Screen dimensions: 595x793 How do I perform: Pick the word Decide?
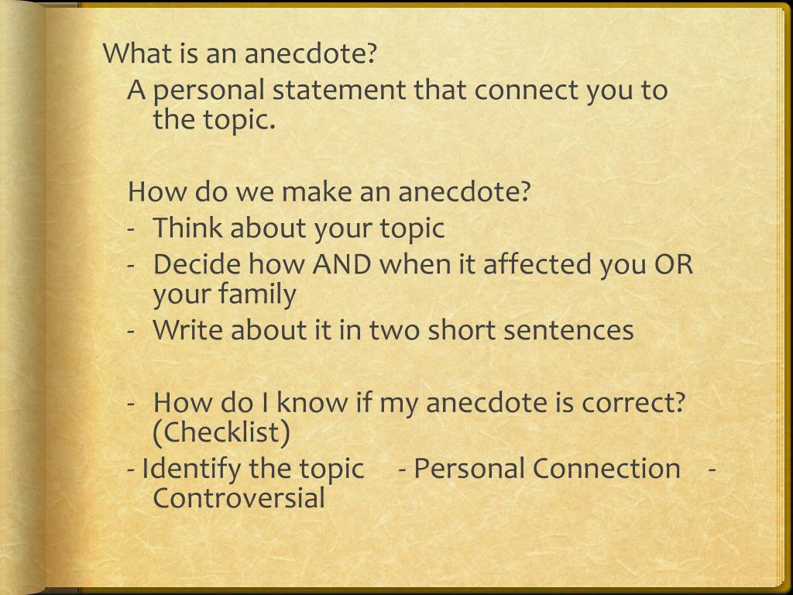coord(197,264)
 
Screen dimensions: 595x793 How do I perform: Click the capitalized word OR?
coord(674,264)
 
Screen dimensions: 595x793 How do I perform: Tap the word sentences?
coord(568,331)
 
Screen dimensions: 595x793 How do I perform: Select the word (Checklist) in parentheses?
coord(221,432)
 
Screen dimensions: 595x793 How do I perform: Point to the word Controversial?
coord(239,498)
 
